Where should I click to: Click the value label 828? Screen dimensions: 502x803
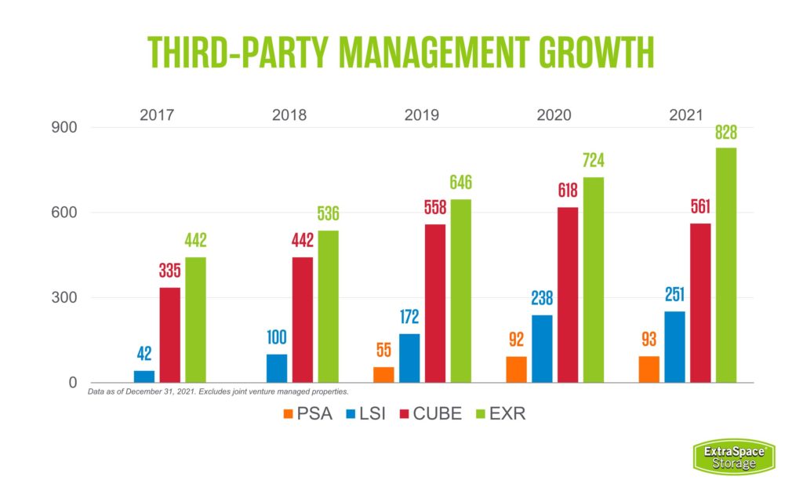click(726, 133)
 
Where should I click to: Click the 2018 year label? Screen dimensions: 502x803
click(289, 115)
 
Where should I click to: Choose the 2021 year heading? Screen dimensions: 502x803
click(686, 115)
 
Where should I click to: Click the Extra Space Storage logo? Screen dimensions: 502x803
click(734, 456)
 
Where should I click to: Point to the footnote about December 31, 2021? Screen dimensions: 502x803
click(218, 391)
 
